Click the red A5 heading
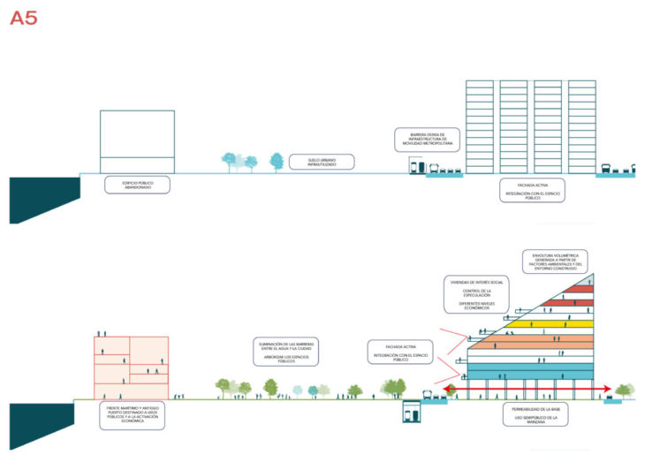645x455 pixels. pyautogui.click(x=23, y=19)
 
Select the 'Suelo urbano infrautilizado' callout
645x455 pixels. pyautogui.click(x=322, y=162)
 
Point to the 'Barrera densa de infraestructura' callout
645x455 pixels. pyautogui.click(x=427, y=137)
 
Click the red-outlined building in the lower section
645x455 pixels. pyautogui.click(x=129, y=367)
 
